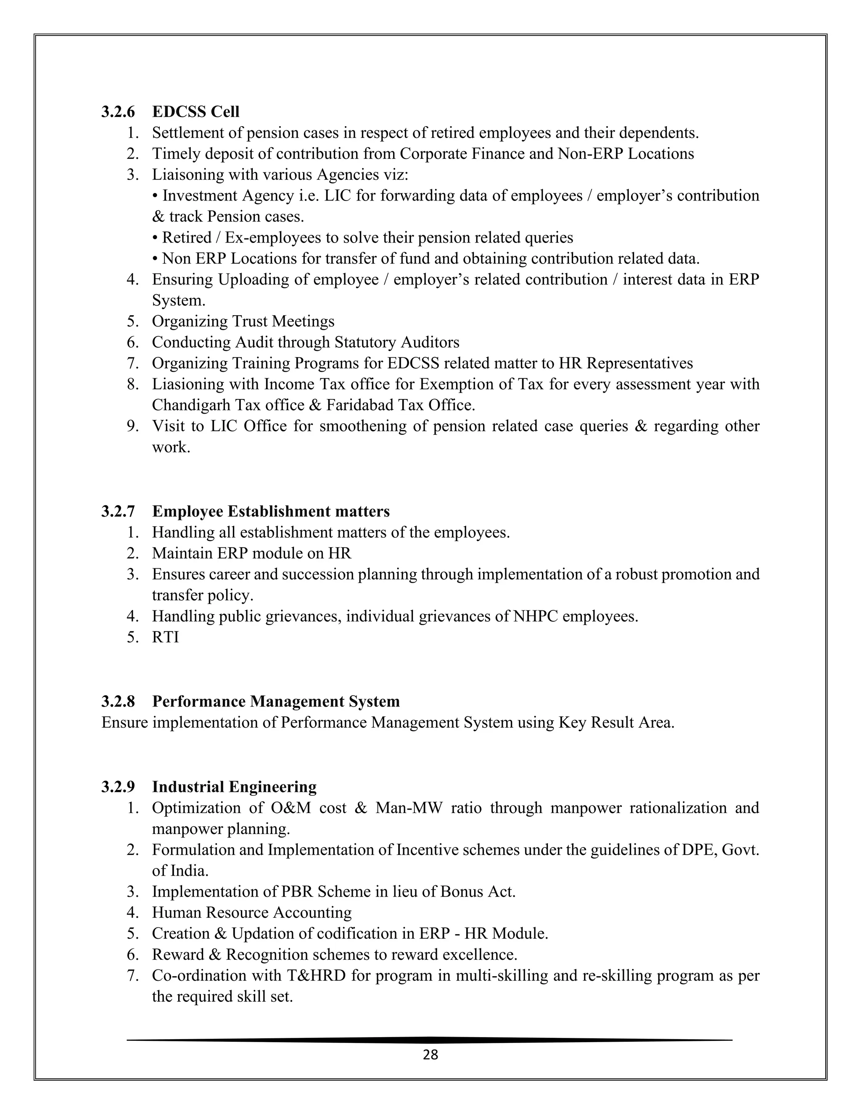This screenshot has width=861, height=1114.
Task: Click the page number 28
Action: pos(430,1054)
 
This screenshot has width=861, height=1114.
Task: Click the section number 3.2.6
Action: pos(118,112)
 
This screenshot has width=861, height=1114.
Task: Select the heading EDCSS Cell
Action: pos(195,112)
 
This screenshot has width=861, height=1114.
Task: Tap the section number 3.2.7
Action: pos(118,511)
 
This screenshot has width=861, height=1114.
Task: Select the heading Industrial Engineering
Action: pos(234,787)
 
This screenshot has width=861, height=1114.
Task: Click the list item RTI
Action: pos(165,637)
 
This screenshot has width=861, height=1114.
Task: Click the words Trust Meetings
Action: pos(283,321)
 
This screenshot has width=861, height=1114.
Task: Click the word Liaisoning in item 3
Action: pos(187,175)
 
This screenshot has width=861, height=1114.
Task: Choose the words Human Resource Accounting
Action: pos(251,913)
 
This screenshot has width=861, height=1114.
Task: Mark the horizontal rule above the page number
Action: pos(430,1040)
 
